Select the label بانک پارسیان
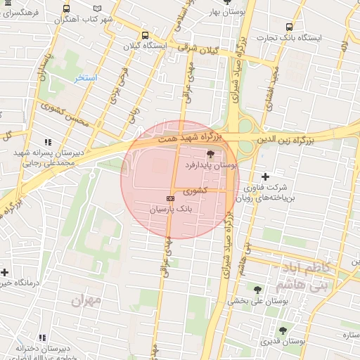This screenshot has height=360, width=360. click(169, 210)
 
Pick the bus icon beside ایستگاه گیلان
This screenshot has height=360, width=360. click(145, 35)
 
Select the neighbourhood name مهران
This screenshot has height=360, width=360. click(86, 300)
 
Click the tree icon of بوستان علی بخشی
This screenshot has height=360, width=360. click(257, 289)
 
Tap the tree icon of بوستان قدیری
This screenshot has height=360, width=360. click(283, 330)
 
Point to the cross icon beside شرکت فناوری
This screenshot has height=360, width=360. click(265, 176)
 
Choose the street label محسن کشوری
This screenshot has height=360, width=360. click(66, 115)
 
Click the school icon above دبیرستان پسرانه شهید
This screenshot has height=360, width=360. click(48, 142)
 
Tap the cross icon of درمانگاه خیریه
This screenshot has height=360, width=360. click(4, 271)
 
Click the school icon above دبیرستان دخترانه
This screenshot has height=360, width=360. click(43, 337)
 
